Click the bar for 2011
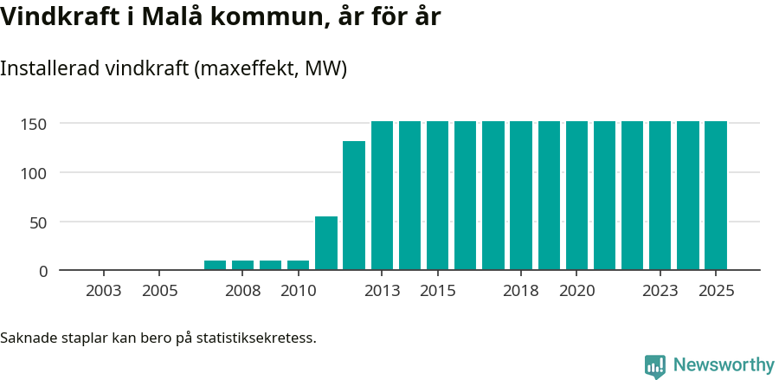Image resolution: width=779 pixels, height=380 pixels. [326, 243]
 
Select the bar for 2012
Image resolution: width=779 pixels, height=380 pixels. [354, 205]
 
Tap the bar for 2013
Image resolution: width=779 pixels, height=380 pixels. [382, 196]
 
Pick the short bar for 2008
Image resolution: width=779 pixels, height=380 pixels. [243, 265]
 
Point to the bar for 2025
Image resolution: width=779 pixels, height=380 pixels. [716, 196]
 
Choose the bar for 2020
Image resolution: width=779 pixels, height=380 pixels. [576, 196]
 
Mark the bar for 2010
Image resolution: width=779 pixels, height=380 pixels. [299, 265]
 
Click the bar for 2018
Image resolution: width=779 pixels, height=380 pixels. [521, 196]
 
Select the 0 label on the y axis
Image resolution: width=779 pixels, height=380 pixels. [42, 271]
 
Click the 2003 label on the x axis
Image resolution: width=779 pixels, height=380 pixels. [104, 291]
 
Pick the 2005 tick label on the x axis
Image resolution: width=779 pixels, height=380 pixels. [159, 291]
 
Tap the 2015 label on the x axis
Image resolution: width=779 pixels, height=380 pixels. [437, 291]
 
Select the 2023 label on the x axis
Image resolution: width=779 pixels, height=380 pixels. [660, 291]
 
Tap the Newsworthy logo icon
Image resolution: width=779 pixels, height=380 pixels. [655, 366]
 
